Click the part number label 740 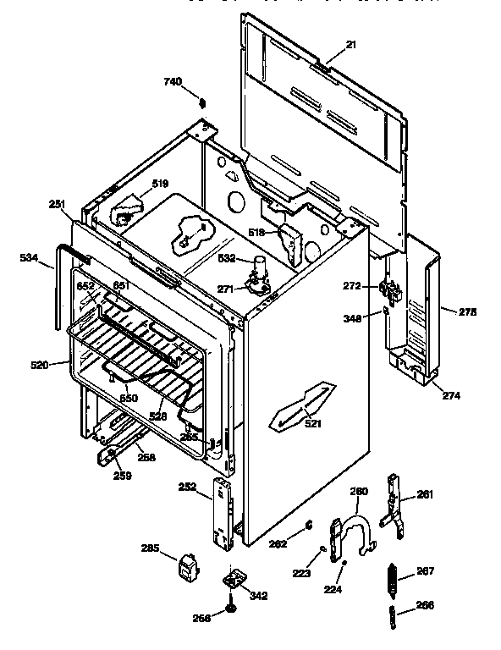click(x=172, y=82)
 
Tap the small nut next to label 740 click(x=202, y=103)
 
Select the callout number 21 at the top click(x=350, y=45)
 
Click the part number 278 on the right click(x=467, y=311)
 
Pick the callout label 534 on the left click(x=30, y=259)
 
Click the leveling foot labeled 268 click(x=231, y=609)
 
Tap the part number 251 click(x=57, y=205)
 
